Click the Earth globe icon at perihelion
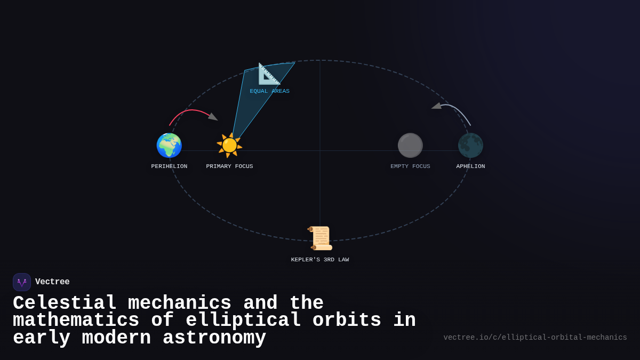pyautogui.click(x=169, y=146)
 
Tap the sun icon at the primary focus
pyautogui.click(x=229, y=146)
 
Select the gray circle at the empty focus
pyautogui.click(x=410, y=146)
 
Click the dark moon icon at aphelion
pyautogui.click(x=470, y=146)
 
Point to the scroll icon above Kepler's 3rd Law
pyautogui.click(x=321, y=238)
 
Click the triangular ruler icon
pyautogui.click(x=269, y=74)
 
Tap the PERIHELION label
pyautogui.click(x=169, y=166)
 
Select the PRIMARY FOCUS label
pyautogui.click(x=229, y=166)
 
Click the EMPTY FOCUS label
pyautogui.click(x=410, y=166)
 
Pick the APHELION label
pyautogui.click(x=470, y=166)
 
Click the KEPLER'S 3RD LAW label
pyautogui.click(x=320, y=260)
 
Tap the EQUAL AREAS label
pyautogui.click(x=270, y=91)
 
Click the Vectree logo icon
pyautogui.click(x=22, y=282)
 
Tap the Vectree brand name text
pyautogui.click(x=52, y=282)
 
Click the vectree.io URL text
pyautogui.click(x=535, y=338)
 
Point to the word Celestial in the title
pyautogui.click(x=65, y=303)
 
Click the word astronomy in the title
pyautogui.click(x=214, y=338)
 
